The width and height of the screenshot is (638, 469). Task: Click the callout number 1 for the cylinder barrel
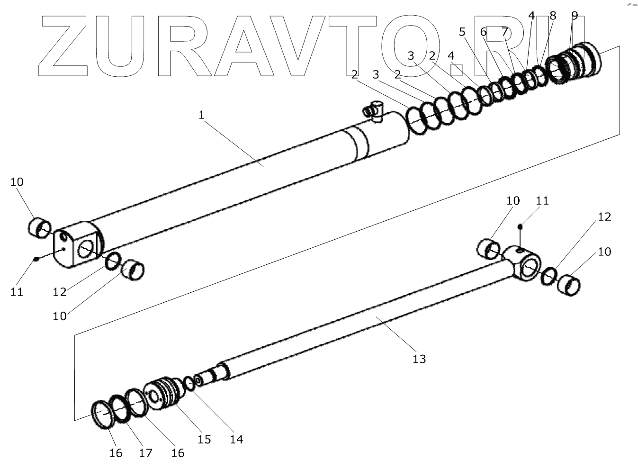pyautogui.click(x=201, y=115)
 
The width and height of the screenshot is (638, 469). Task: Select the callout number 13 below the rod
pyautogui.click(x=419, y=359)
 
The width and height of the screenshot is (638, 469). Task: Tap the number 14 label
pyautogui.click(x=236, y=439)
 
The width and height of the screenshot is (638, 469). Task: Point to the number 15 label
pyautogui.click(x=204, y=439)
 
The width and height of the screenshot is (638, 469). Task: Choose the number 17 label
pyautogui.click(x=145, y=453)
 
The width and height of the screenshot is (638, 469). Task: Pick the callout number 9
pyautogui.click(x=575, y=16)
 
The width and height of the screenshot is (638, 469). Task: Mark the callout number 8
pyautogui.click(x=552, y=16)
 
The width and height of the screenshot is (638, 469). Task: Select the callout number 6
pyautogui.click(x=483, y=32)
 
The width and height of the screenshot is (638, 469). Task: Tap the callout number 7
pyautogui.click(x=504, y=32)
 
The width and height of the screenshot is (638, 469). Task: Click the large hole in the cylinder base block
pyautogui.click(x=86, y=248)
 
